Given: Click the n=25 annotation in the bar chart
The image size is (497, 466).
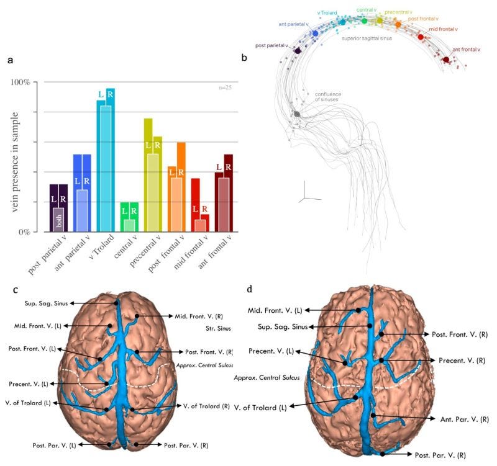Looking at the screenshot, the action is click(225, 87).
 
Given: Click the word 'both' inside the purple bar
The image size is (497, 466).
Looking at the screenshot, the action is click(59, 222).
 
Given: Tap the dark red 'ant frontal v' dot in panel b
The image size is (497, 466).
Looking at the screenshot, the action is click(446, 60).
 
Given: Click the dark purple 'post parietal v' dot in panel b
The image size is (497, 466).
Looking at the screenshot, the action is click(298, 50).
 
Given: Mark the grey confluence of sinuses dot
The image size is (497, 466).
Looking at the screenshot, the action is click(297, 114).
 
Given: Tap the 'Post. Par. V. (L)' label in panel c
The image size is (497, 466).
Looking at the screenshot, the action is click(55, 445).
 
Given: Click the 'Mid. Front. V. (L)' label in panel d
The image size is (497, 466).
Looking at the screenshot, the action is click(275, 309).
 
